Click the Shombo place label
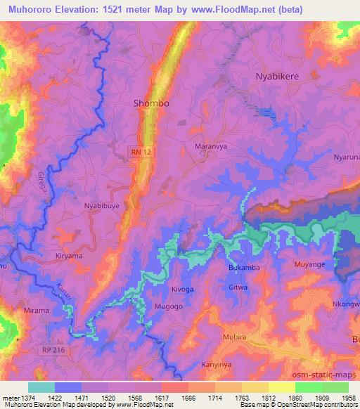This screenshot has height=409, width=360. [x=151, y=103]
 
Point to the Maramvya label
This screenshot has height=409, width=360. [x=209, y=147]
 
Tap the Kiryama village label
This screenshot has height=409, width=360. [x=69, y=257]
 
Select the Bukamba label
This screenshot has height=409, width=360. [x=245, y=268]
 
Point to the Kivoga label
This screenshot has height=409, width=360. [x=182, y=289]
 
